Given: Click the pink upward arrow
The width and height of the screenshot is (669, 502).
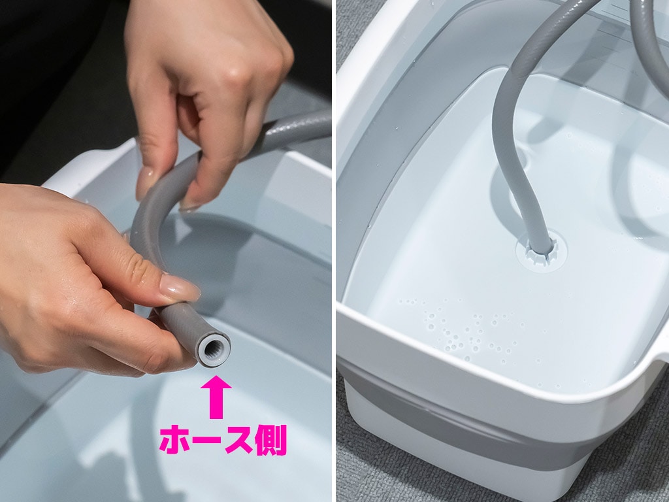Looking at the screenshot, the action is (216, 397).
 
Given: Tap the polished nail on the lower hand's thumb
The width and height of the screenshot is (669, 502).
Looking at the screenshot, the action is (180, 288).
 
